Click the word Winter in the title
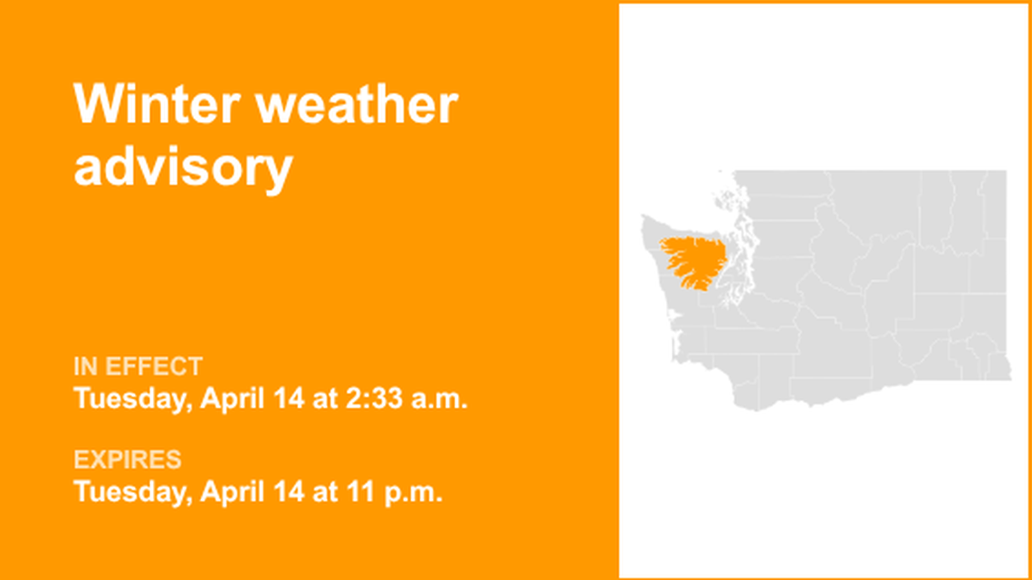[154, 106]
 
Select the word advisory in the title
[183, 166]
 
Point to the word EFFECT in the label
[154, 367]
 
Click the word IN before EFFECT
[86, 367]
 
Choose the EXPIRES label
[128, 461]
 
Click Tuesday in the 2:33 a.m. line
[130, 399]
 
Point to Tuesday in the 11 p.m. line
[130, 493]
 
